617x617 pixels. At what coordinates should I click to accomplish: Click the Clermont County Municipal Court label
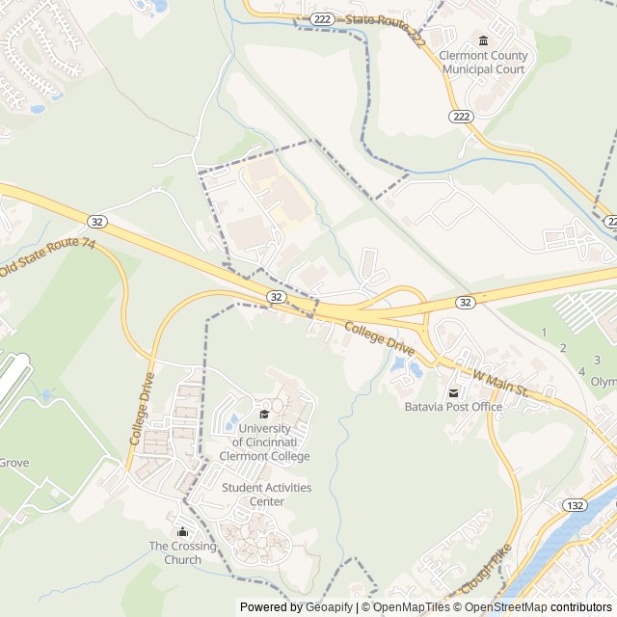[x=482, y=63]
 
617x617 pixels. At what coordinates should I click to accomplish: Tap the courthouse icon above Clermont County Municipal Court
[x=483, y=40]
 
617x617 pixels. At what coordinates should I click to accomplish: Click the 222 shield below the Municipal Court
[x=460, y=116]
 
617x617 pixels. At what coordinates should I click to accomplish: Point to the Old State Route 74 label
[x=48, y=256]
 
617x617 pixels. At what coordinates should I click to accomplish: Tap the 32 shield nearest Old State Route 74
[x=98, y=221]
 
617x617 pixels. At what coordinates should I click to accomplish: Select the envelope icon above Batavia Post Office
[x=453, y=391]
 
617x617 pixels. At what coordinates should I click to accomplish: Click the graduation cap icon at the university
[x=264, y=415]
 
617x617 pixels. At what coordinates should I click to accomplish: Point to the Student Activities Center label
[x=267, y=495]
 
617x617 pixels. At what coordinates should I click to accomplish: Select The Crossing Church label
[x=182, y=552]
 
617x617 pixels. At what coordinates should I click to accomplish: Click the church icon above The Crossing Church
[x=182, y=531]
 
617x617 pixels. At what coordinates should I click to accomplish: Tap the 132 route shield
[x=576, y=505]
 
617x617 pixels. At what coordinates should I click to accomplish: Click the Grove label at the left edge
[x=14, y=463]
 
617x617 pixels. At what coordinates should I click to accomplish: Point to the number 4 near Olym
[x=581, y=371]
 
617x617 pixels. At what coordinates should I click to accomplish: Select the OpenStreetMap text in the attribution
[x=505, y=607]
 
